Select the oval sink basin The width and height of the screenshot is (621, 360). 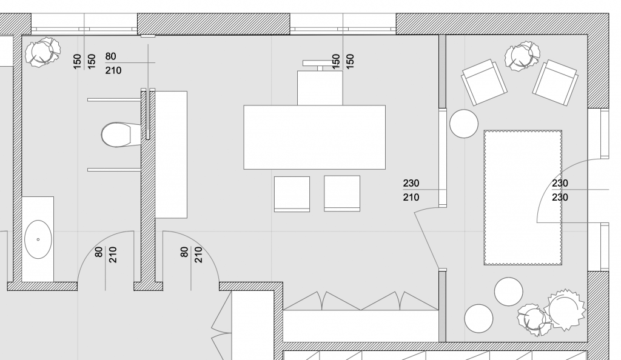[x=38, y=239]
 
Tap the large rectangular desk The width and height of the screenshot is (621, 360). [x=314, y=137]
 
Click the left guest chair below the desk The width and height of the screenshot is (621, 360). [x=292, y=194]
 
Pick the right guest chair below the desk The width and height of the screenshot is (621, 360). [x=342, y=194]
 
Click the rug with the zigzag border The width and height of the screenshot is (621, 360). [x=523, y=198]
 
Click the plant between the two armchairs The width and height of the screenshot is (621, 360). [x=522, y=57]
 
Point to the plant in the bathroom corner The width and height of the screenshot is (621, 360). [x=43, y=52]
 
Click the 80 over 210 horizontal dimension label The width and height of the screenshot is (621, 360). [x=113, y=64]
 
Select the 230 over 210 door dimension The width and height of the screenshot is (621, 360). [x=411, y=190]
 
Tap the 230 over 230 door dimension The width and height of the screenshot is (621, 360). [x=560, y=190]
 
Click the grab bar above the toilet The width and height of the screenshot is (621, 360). [x=114, y=99]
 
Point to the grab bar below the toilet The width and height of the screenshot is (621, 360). [x=114, y=170]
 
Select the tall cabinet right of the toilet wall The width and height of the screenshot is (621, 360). [x=171, y=154]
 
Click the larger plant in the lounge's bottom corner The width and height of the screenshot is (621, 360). [x=565, y=310]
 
